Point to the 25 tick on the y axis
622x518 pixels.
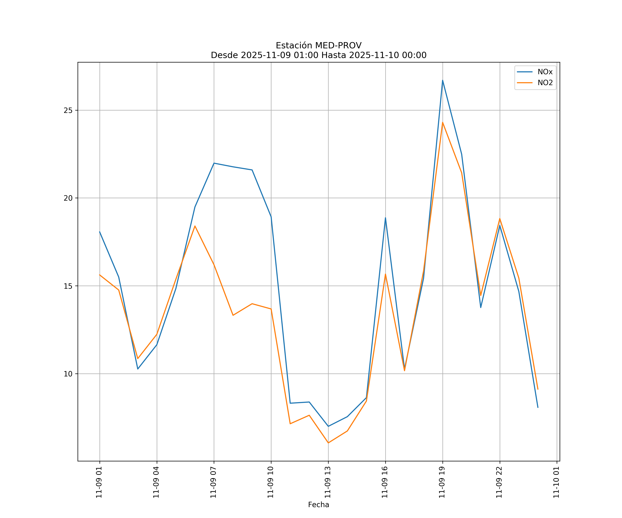coord(68,110)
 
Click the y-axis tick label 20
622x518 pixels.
coord(68,198)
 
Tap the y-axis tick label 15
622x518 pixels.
coord(68,286)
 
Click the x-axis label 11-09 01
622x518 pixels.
coord(99,482)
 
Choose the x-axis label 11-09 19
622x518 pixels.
coord(442,482)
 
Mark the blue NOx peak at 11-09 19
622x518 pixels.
coord(442,80)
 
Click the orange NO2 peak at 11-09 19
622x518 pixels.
coord(442,122)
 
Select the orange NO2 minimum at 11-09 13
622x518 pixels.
coord(328,443)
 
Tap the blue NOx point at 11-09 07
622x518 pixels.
coord(214,163)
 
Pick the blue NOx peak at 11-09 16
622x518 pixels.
coord(385,218)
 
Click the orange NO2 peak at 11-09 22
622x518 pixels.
coord(500,219)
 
